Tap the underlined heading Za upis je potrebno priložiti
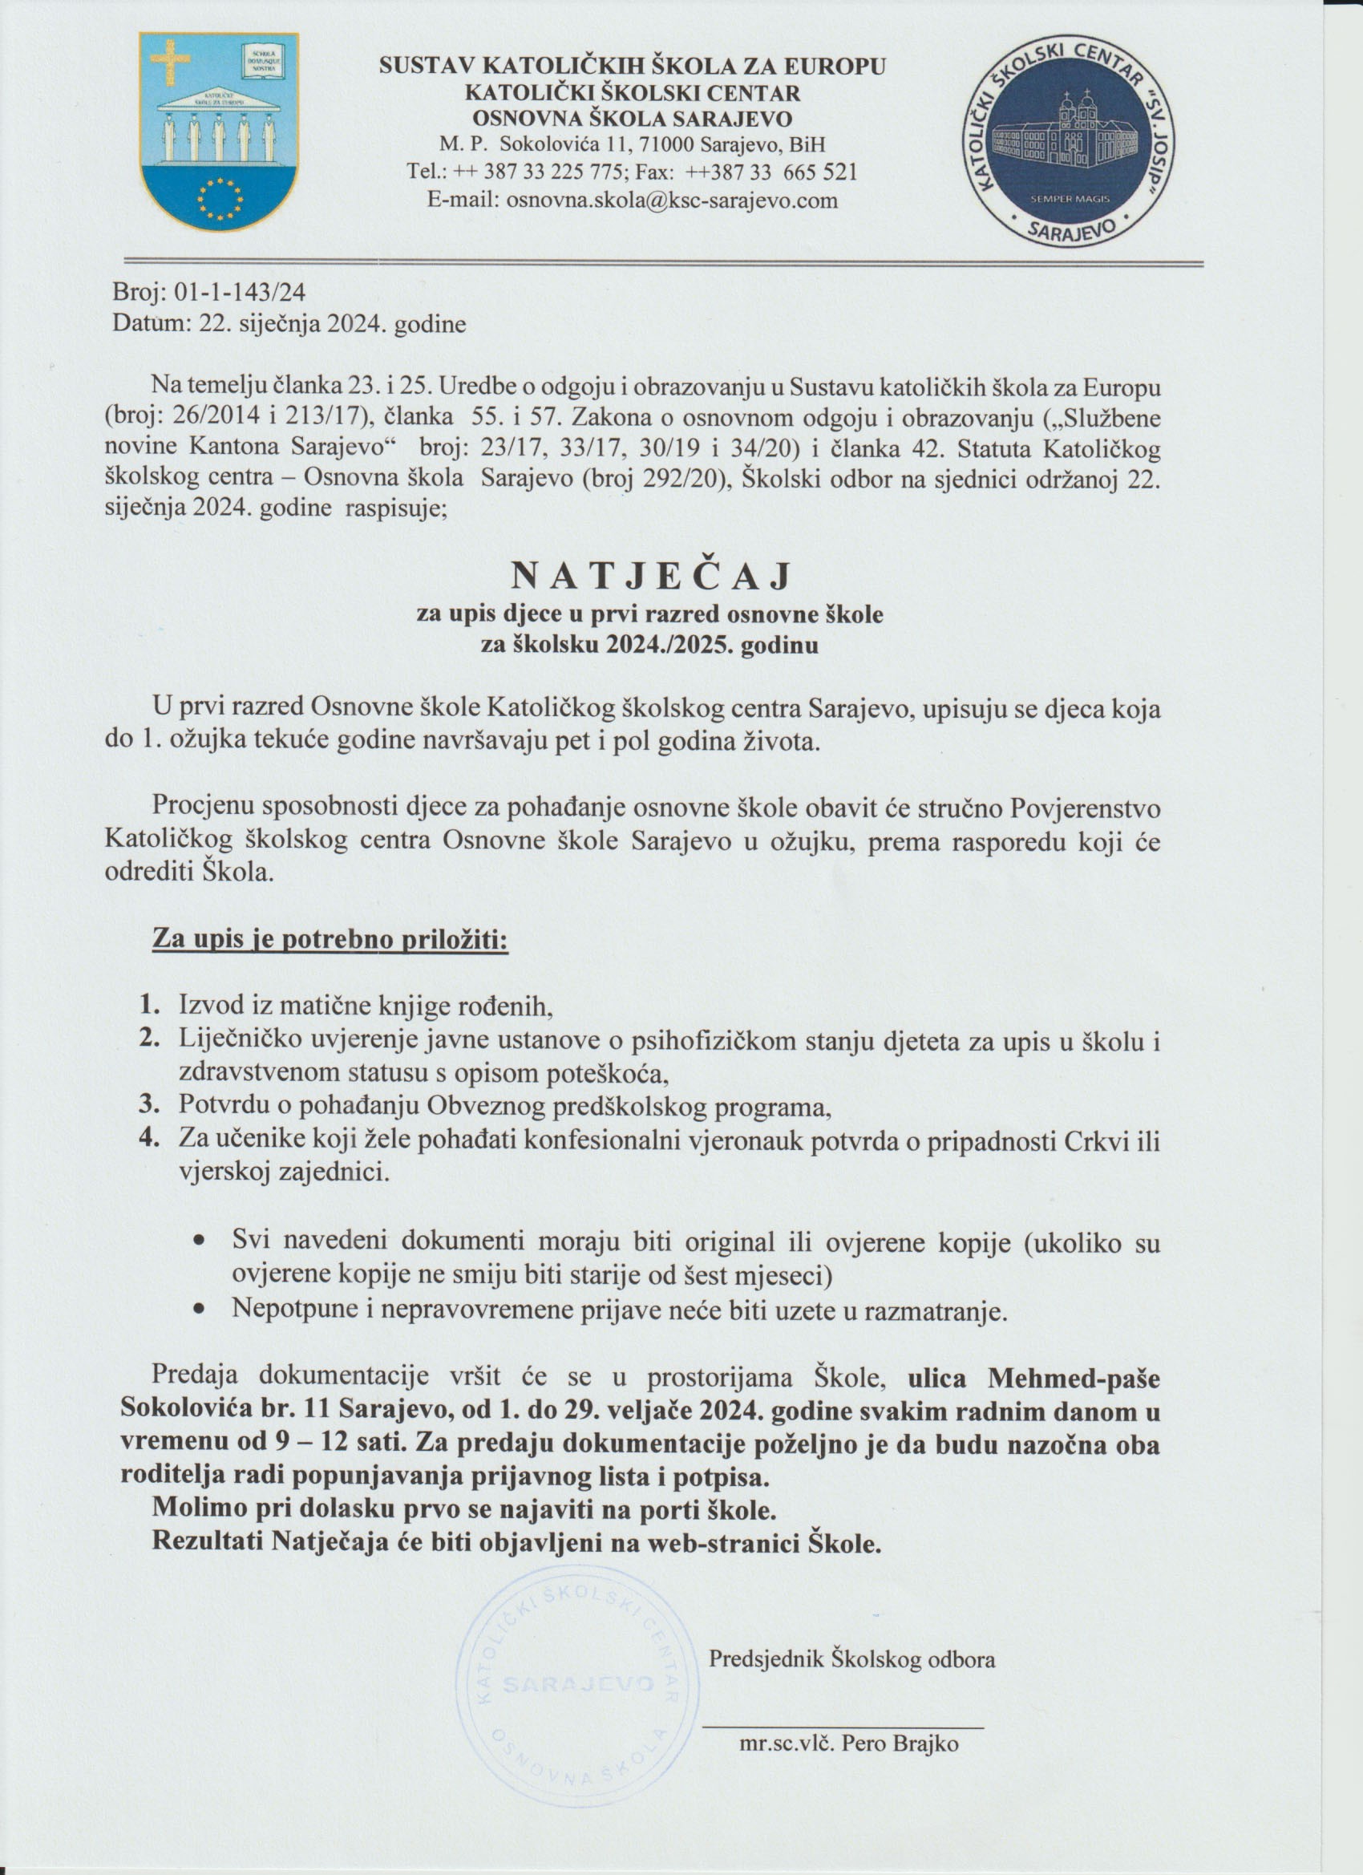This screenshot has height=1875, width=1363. tap(330, 942)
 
